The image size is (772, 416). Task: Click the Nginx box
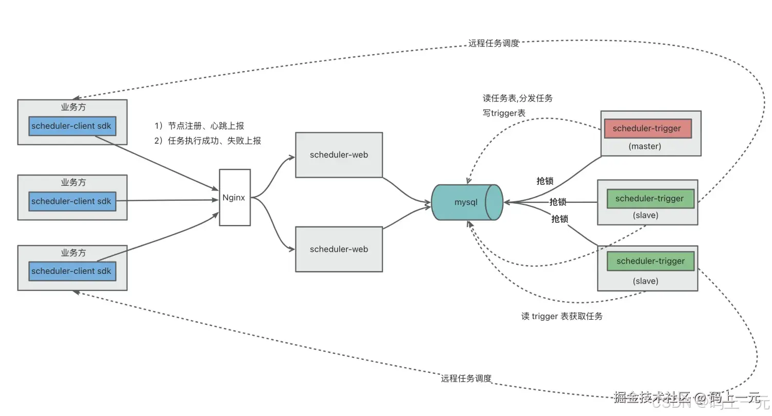point(235,197)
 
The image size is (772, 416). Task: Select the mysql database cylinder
point(466,202)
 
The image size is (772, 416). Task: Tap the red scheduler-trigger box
point(647,129)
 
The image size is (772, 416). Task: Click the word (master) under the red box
point(645,146)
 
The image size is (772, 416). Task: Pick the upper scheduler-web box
point(339,155)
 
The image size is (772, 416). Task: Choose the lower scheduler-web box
point(339,249)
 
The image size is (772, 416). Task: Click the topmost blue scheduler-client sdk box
point(72,126)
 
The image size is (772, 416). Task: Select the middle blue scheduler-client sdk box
point(72,201)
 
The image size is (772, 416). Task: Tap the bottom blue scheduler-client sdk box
point(72,271)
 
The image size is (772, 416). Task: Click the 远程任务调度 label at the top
point(494,44)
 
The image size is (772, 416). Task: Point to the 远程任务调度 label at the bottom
point(466,378)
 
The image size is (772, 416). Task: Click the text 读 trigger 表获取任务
point(562,316)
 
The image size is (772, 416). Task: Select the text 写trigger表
point(504,113)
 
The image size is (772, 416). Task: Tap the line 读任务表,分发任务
point(517,98)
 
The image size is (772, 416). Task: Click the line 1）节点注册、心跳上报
point(199,126)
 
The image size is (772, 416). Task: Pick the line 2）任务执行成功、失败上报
point(207,141)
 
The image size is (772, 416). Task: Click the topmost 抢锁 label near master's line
point(545,181)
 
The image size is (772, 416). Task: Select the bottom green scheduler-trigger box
point(651,261)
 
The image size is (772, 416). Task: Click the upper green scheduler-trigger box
point(650,199)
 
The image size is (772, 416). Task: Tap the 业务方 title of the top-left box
point(73,108)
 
